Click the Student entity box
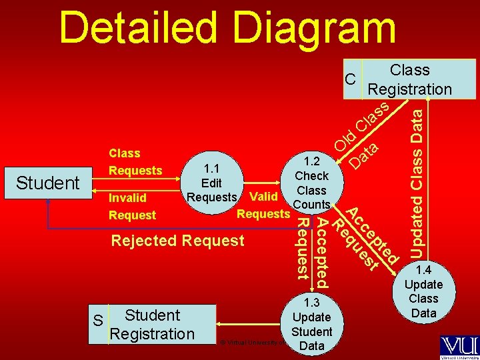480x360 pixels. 48,183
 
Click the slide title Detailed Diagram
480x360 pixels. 227,28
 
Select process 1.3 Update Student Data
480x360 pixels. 312,324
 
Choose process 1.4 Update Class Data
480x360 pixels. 424,291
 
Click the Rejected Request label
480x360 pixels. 178,241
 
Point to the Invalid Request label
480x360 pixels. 132,206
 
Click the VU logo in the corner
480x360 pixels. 459,346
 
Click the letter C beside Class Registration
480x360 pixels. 350,79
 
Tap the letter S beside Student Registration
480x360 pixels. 98,321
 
